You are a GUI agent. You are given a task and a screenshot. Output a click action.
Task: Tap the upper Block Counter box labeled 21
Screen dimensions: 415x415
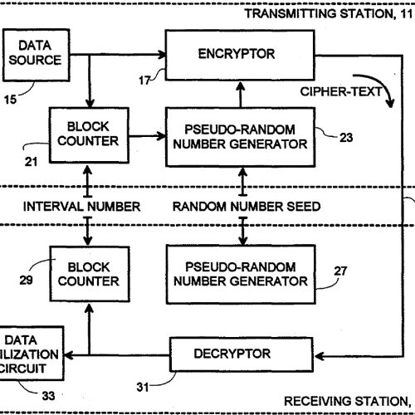click(82, 132)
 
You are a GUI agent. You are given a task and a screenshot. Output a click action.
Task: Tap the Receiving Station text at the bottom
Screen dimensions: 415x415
click(349, 401)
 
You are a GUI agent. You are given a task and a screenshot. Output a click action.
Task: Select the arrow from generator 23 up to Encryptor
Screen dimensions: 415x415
click(242, 96)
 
